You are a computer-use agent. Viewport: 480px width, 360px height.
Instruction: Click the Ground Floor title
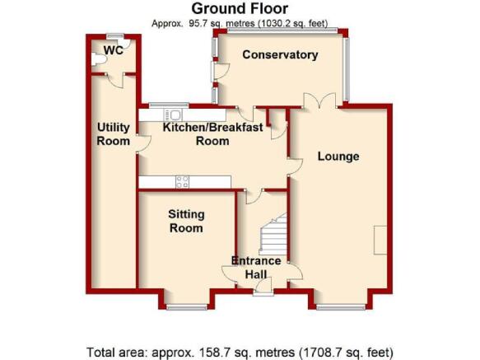pos(240,8)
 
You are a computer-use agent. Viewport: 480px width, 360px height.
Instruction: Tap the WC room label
pos(114,50)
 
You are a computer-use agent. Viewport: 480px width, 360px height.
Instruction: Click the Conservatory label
pos(280,54)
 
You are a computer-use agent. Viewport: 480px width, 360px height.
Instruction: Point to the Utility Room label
pos(114,134)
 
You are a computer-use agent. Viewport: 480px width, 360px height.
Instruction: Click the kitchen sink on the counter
pos(173,115)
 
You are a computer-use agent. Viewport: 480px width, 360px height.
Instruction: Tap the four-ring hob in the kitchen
pos(182,182)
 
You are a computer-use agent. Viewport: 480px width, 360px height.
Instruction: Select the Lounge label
pos(338,157)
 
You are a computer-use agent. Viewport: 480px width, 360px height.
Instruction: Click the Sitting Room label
pos(186,221)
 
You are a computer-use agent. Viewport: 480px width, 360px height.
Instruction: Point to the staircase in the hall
pos(273,235)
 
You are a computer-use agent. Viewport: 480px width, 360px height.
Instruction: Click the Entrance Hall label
pos(256,268)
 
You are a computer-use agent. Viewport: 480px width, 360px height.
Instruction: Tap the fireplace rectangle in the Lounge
pos(380,241)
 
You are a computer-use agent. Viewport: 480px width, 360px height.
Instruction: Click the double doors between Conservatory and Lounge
pos(319,101)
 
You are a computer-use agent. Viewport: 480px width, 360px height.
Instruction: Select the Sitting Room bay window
pos(186,306)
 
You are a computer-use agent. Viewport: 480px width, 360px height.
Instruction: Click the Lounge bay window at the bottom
pos(341,306)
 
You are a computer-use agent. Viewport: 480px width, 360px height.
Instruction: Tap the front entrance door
pos(263,288)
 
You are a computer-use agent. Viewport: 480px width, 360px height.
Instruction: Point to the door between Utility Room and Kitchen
pos(143,143)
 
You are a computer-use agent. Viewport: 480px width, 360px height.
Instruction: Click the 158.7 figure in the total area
pos(211,353)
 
